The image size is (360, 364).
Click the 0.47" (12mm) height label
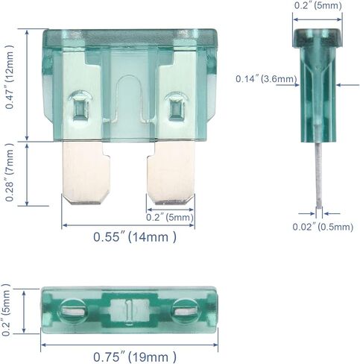coord(10,78)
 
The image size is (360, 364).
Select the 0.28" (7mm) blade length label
coord(10,172)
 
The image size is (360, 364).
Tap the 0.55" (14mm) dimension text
coord(135,237)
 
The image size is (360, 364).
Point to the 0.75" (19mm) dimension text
coord(135,357)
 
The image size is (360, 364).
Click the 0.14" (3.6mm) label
coord(266,79)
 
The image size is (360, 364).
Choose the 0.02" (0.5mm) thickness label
coord(323,227)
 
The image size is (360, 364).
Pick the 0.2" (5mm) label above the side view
coord(318,5)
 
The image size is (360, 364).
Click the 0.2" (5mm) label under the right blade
coord(170,217)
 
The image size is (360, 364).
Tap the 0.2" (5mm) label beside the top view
coord(6,310)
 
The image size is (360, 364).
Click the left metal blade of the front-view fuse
coord(86,172)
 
